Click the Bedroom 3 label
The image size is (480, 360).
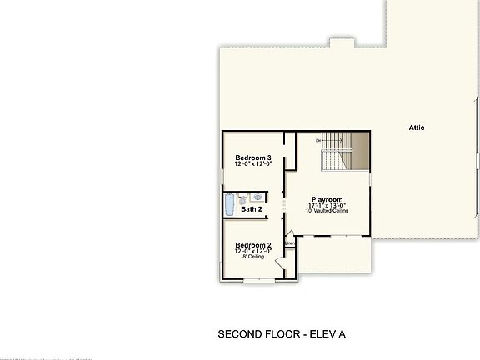click(252, 157)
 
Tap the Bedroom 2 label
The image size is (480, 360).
click(252, 244)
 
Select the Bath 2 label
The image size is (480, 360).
click(252, 209)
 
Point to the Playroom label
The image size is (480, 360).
click(328, 200)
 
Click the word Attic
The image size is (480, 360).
click(417, 127)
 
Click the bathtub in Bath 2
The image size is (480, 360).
click(229, 204)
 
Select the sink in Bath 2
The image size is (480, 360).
click(258, 197)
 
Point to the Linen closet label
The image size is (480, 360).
click(290, 243)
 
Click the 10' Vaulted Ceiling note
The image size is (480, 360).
click(328, 212)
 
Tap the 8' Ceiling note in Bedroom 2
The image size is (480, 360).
click(252, 257)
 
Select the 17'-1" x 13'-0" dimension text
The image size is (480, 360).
click(328, 206)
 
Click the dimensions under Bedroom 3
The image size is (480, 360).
click(252, 164)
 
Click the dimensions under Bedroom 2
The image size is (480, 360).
click(252, 251)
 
